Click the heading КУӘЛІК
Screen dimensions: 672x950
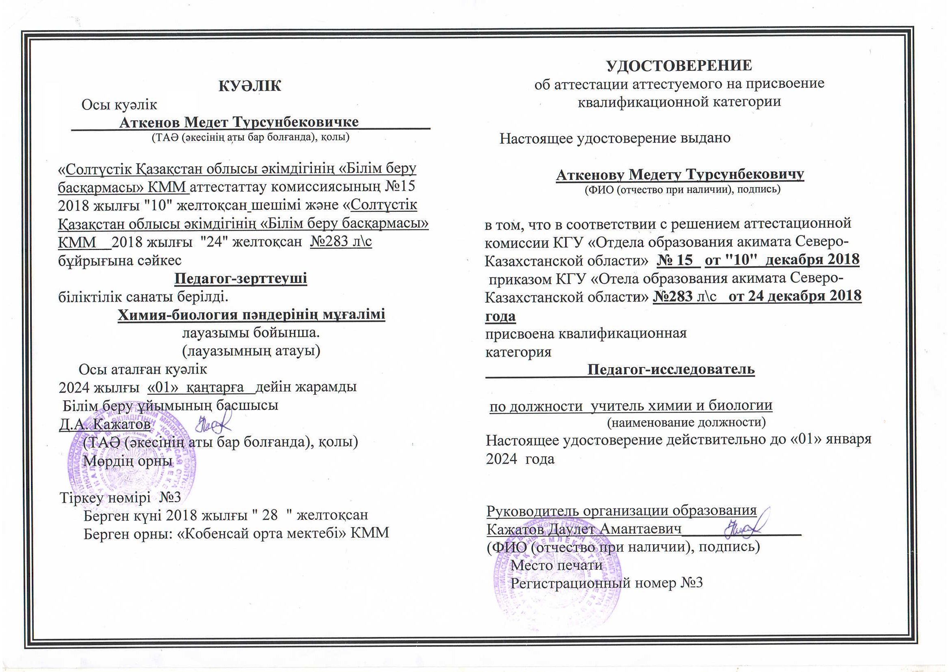pos(250,85)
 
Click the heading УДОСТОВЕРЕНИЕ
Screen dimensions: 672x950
pos(679,66)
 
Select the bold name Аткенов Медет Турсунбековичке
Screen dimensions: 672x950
pos(239,122)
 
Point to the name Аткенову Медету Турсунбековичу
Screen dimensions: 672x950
pos(680,175)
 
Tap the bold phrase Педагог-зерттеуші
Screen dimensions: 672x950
pos(241,278)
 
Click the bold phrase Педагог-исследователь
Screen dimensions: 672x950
pos(671,369)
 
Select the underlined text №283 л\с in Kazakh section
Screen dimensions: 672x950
pos(341,241)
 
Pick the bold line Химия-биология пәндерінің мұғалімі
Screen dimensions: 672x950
pos(251,315)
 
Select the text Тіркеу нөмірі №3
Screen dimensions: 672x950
pos(121,497)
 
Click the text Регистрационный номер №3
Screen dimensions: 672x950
pos(606,583)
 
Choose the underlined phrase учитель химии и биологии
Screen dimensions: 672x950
pos(681,405)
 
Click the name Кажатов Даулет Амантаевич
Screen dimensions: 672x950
pos(584,529)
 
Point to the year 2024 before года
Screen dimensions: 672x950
pos(501,459)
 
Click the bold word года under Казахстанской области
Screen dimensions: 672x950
pos(500,316)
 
